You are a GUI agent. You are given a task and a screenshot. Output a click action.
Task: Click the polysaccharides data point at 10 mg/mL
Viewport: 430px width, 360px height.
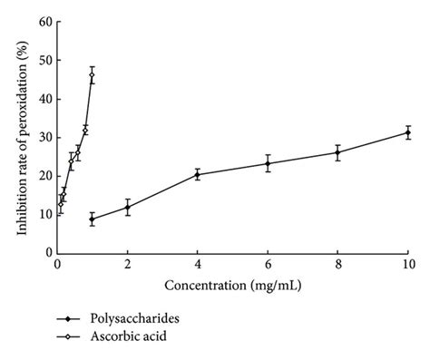pos(407,132)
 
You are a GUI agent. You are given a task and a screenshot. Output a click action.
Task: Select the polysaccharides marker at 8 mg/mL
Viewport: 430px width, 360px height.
pos(337,152)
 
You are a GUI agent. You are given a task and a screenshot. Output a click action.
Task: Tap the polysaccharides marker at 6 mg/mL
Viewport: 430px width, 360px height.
pos(268,163)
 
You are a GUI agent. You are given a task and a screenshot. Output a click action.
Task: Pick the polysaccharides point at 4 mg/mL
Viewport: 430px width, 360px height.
pos(198,174)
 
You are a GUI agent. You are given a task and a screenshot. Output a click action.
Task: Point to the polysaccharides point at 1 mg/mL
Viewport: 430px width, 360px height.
pos(93,219)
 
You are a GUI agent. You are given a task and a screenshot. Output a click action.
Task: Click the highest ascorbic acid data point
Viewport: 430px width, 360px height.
pos(92,75)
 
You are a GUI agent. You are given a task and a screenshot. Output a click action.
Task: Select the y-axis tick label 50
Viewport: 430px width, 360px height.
pos(42,60)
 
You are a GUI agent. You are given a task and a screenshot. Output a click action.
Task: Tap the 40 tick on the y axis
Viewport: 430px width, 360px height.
pos(42,99)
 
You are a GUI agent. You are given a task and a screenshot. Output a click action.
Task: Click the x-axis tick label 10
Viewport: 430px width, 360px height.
pos(407,265)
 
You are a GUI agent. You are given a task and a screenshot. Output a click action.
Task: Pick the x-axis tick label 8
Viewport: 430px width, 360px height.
pos(337,265)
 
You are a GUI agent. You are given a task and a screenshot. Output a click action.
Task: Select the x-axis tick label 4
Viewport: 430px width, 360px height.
pos(198,265)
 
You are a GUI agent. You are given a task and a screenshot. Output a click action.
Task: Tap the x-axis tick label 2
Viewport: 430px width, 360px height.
pos(128,265)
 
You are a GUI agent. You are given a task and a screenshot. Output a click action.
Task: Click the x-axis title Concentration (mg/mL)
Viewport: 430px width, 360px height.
pos(231,287)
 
